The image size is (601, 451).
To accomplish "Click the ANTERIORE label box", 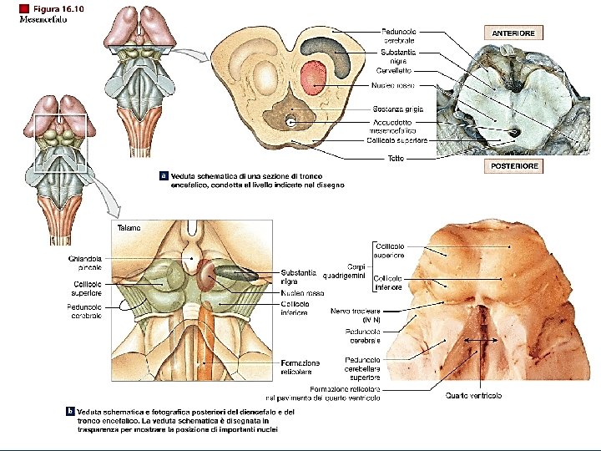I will click(513, 33).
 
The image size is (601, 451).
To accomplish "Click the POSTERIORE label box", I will click(513, 166).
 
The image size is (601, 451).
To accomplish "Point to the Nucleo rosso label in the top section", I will click(392, 85).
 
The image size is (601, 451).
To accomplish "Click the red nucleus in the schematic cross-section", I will click(314, 76).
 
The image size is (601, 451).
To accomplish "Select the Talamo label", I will click(129, 227).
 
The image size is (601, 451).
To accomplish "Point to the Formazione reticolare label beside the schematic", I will click(300, 367).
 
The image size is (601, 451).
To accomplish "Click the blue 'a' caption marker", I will click(164, 176).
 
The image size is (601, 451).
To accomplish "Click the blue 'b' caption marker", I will click(70, 411).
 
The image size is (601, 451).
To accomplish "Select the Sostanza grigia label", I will click(398, 109).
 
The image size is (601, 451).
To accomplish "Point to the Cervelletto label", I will click(393, 70).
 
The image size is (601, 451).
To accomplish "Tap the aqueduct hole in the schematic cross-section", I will click(291, 122).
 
